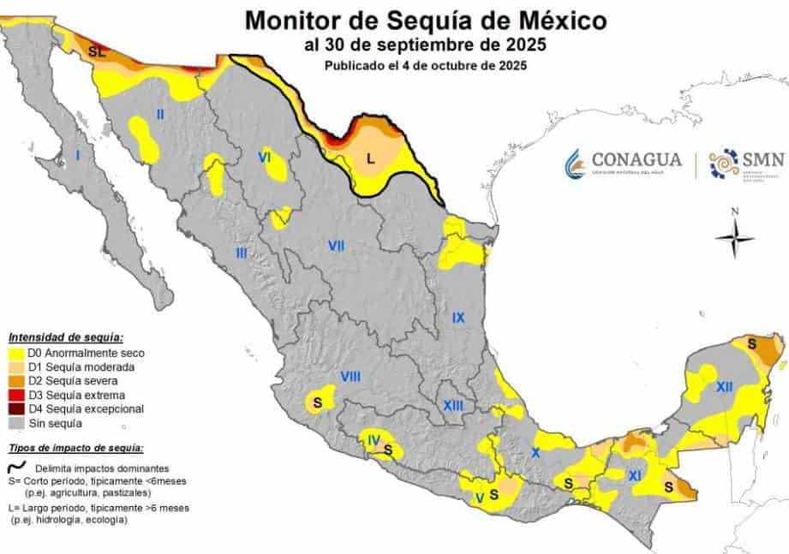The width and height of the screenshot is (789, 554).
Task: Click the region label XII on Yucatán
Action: (x=725, y=387)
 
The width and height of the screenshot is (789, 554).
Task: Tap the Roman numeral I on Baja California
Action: (x=78, y=156)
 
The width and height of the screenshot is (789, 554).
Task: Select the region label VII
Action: (x=336, y=247)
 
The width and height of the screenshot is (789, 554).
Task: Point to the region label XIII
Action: (x=453, y=404)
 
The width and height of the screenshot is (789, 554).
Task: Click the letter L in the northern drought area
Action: (x=370, y=158)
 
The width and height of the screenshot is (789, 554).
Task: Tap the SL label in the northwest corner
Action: (x=97, y=53)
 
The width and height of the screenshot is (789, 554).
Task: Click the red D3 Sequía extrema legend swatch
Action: (x=16, y=396)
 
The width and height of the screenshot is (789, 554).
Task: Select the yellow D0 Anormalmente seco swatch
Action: (x=16, y=353)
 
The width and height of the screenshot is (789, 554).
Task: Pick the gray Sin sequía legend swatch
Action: (x=16, y=423)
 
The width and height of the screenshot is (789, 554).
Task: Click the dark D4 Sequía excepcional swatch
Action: (x=16, y=409)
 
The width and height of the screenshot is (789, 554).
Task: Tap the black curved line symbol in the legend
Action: (x=17, y=468)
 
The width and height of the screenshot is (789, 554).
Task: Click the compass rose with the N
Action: (x=734, y=237)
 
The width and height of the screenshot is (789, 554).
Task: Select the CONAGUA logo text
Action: (x=636, y=160)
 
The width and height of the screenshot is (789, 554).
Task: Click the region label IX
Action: (x=458, y=318)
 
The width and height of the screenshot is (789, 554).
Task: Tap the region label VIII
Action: (x=350, y=377)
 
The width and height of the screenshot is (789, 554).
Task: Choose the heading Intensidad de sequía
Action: (x=66, y=337)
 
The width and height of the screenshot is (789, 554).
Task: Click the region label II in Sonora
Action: (x=159, y=113)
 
